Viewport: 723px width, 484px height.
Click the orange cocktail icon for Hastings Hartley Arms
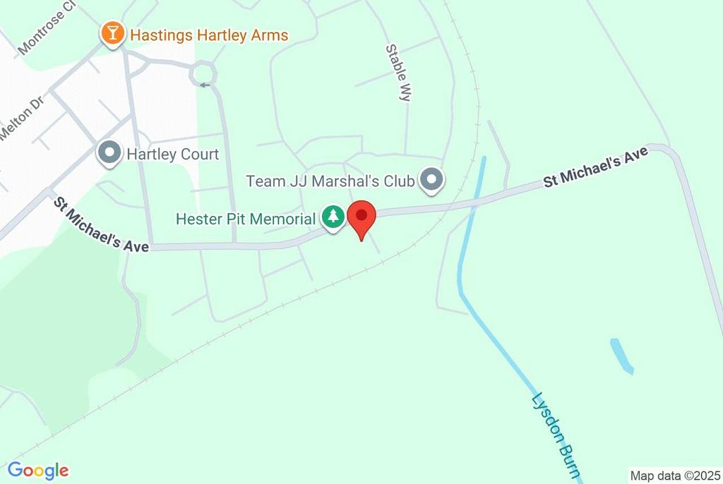(x=112, y=34)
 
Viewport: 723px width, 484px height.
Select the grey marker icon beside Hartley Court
(x=109, y=152)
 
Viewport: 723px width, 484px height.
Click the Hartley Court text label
(x=172, y=154)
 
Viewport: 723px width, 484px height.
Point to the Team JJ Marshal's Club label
(x=330, y=181)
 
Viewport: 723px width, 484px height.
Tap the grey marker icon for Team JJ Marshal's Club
(x=431, y=180)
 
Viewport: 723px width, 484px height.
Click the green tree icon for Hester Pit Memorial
(x=333, y=217)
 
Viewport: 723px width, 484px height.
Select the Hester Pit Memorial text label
(x=245, y=219)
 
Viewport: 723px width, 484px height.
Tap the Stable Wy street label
(x=398, y=73)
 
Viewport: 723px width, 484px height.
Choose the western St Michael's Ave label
(x=102, y=225)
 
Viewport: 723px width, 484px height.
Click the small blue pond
(x=621, y=355)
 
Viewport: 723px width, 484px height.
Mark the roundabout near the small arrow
(x=203, y=72)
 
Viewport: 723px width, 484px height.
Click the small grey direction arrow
(x=205, y=86)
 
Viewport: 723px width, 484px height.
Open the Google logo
(x=38, y=470)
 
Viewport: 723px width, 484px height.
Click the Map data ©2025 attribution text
(x=674, y=476)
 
